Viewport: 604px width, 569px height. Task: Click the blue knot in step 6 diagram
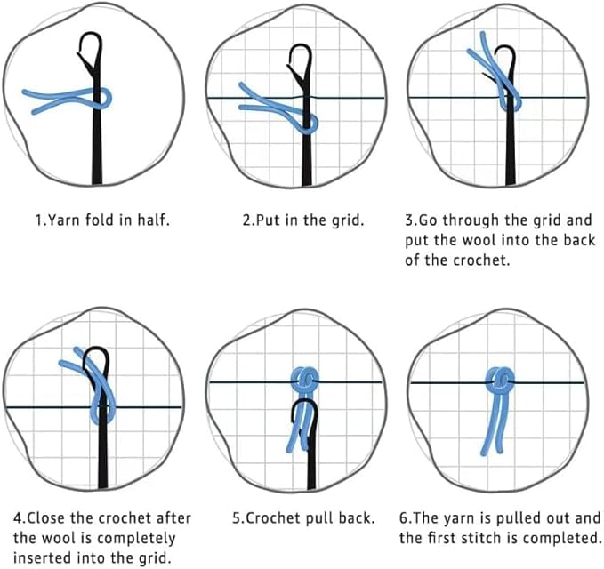point(500,380)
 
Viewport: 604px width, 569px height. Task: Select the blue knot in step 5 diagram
point(305,379)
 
